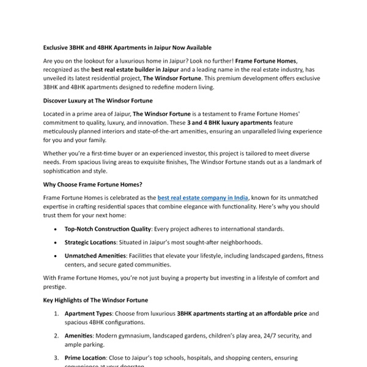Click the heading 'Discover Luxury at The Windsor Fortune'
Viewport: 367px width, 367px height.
coord(98,100)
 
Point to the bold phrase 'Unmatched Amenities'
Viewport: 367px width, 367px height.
coord(95,255)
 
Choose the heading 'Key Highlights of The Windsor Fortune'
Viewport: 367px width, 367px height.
coord(95,300)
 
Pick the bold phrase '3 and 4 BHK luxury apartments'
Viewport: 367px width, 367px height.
coord(195,122)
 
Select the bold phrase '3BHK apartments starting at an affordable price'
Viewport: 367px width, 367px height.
coord(241,314)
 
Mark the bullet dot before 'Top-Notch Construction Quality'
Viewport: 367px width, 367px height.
coord(56,229)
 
